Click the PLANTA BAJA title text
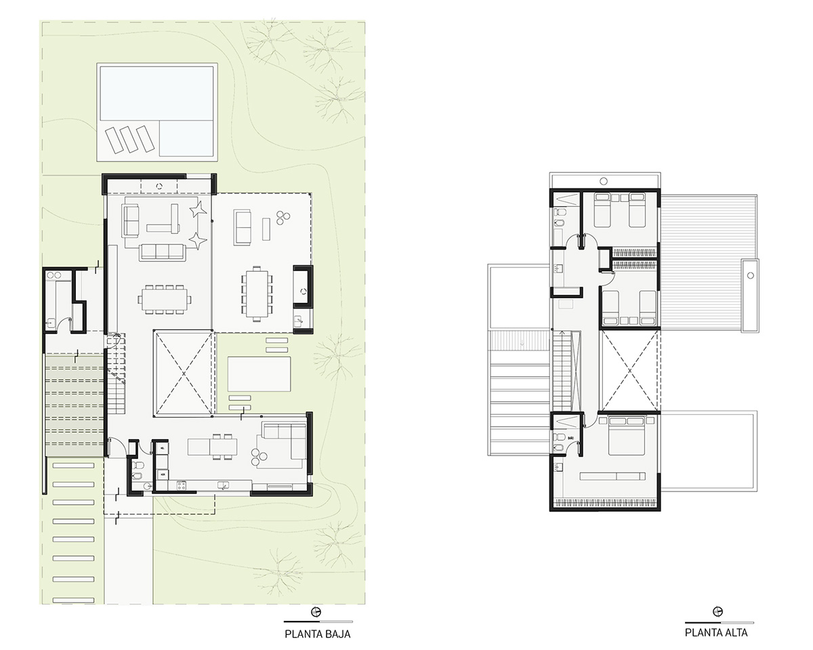[318, 634]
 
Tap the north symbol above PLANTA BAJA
[316, 612]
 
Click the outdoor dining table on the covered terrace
[257, 293]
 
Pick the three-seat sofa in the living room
[163, 252]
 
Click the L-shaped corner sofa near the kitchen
[283, 444]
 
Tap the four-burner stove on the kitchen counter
[182, 485]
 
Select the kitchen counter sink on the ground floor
[224, 485]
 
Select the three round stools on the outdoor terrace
[283, 218]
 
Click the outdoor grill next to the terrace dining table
[302, 287]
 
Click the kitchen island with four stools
[213, 447]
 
